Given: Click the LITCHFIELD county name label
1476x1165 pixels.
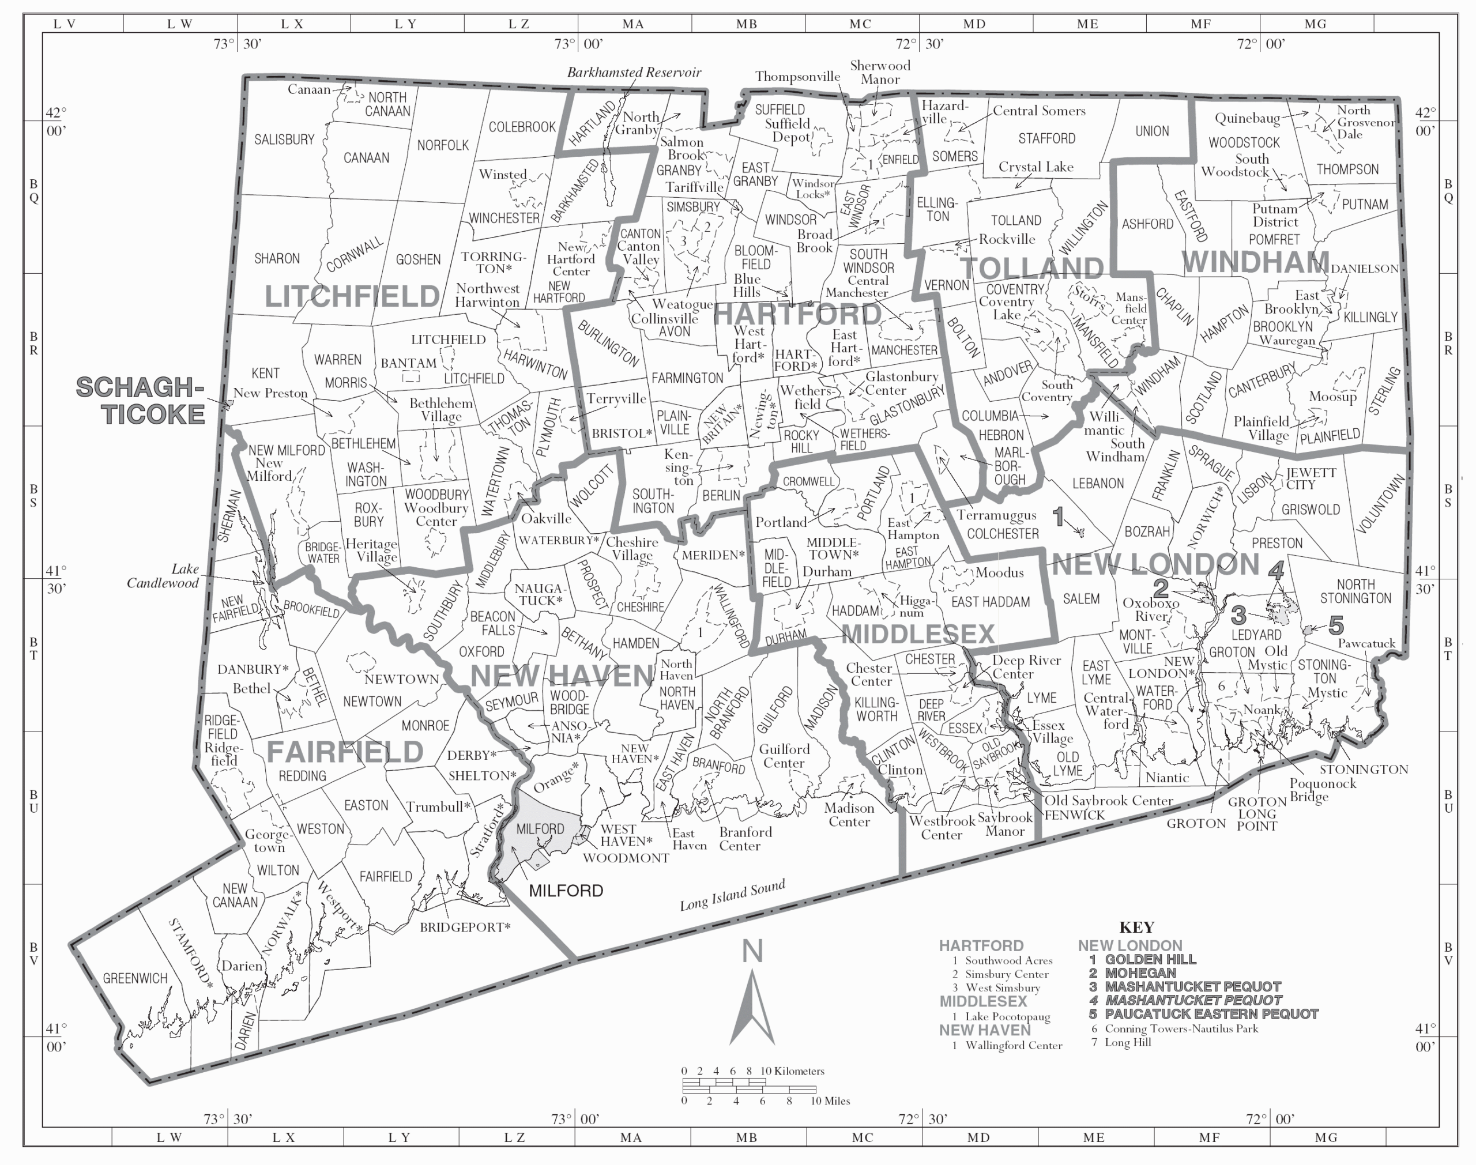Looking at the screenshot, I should click(352, 297).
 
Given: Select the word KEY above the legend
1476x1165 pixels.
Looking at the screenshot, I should click(1136, 928).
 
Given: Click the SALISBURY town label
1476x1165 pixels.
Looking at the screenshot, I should click(284, 140).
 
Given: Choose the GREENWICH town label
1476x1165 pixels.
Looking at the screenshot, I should click(135, 979).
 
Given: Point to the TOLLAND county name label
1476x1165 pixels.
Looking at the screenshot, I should click(1031, 269).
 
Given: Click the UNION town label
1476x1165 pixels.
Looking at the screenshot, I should click(1152, 131).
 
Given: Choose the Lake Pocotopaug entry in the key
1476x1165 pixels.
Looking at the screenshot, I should click(1007, 1017).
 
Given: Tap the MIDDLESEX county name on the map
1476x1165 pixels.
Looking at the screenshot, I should click(918, 634).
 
